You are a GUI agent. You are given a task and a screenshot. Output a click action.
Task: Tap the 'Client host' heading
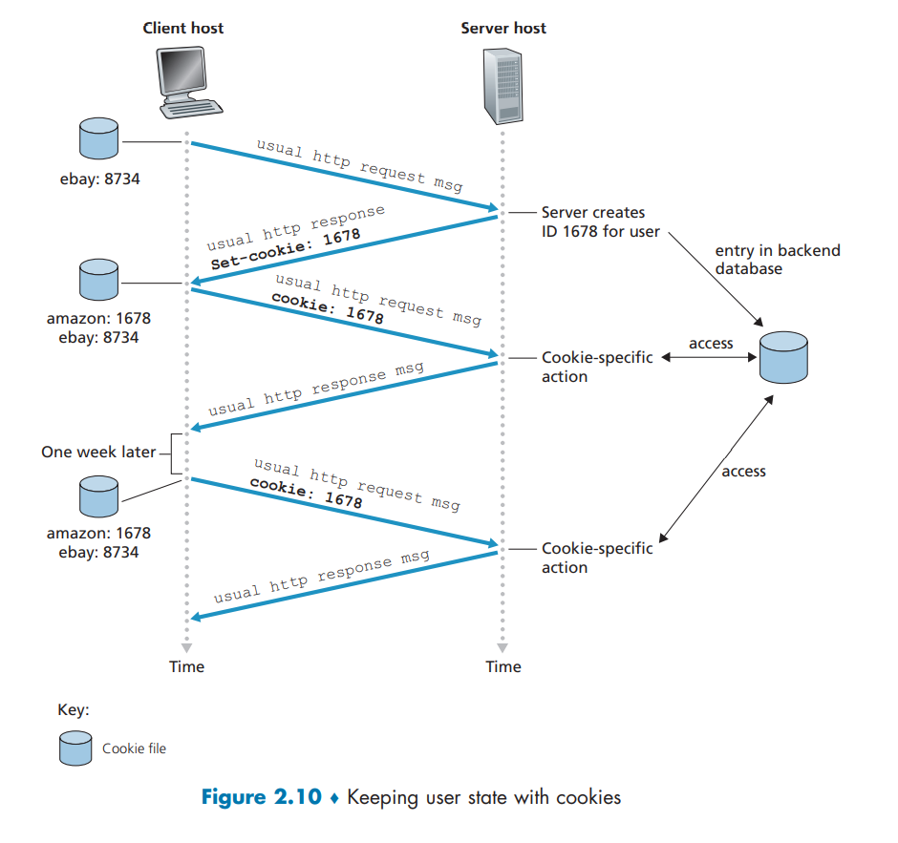click(x=183, y=28)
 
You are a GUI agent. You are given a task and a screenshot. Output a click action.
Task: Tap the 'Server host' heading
click(x=503, y=28)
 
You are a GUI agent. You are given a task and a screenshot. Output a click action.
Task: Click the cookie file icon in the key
click(x=75, y=748)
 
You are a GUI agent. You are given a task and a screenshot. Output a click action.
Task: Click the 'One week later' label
click(x=98, y=452)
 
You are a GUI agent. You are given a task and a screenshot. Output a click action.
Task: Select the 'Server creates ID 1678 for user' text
click(x=600, y=221)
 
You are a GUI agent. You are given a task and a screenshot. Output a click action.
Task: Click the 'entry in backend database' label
click(x=778, y=260)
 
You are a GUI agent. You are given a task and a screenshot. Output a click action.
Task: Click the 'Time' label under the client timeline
click(x=186, y=666)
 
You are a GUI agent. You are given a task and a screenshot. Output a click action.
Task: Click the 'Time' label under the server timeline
click(x=503, y=666)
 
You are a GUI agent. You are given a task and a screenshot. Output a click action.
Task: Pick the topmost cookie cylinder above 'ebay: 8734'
click(x=97, y=139)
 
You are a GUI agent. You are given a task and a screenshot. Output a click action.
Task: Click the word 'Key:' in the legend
click(x=74, y=710)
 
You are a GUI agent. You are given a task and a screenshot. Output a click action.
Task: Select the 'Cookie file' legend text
click(x=134, y=748)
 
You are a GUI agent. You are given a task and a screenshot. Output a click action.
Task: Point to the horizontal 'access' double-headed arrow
click(x=710, y=358)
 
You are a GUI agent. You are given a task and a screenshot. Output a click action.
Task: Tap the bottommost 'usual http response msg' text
click(x=321, y=578)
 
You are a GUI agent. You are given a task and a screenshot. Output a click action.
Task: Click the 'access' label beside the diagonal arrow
click(x=743, y=471)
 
